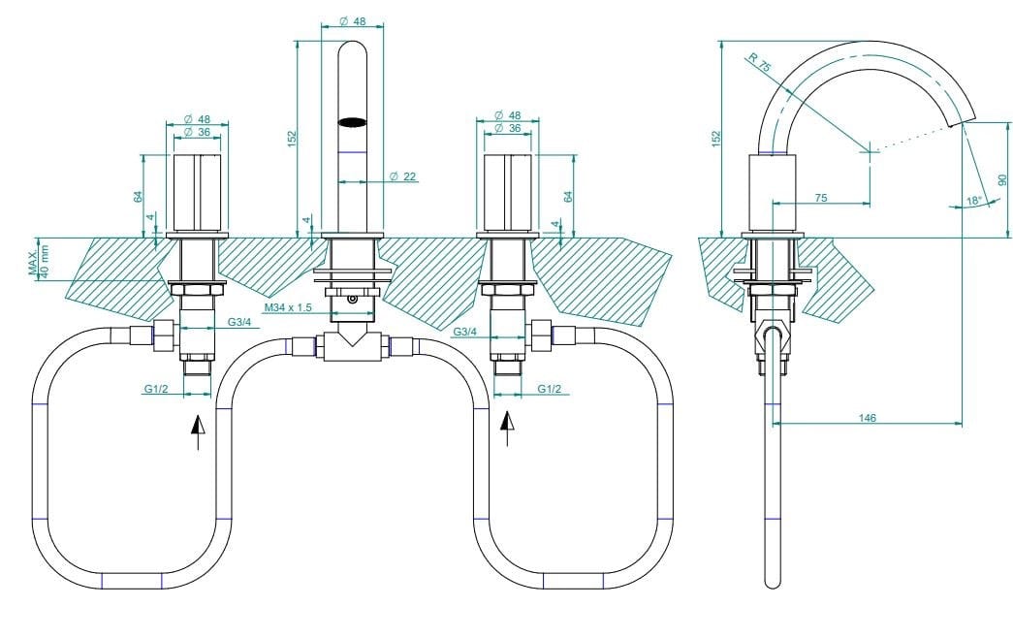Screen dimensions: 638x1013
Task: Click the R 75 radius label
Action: pos(760,64)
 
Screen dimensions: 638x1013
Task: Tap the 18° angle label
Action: pos(974,201)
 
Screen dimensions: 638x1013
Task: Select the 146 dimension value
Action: pos(867,417)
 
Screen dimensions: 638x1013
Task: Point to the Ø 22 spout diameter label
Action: pos(402,175)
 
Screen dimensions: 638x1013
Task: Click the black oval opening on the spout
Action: pos(353,123)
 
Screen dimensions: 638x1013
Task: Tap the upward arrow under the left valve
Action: pos(198,430)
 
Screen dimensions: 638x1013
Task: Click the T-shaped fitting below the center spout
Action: pos(352,346)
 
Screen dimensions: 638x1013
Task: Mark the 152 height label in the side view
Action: pos(715,138)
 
